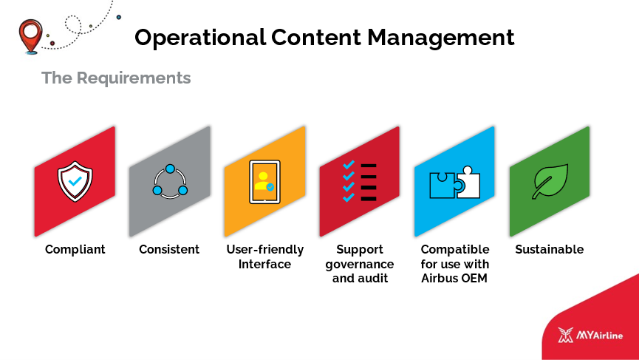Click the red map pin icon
[30, 36]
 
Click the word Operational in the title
[200, 38]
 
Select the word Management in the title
[440, 38]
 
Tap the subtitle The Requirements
[116, 78]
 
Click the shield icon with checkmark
[75, 181]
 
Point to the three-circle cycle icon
[170, 182]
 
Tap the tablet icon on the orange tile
[265, 181]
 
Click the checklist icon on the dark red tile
[360, 182]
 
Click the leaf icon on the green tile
[550, 181]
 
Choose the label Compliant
[75, 250]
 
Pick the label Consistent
[169, 249]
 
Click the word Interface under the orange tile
[264, 264]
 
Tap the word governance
[360, 265]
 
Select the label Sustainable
[550, 249]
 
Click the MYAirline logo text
[599, 336]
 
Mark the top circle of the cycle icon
[171, 169]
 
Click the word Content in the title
[316, 38]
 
